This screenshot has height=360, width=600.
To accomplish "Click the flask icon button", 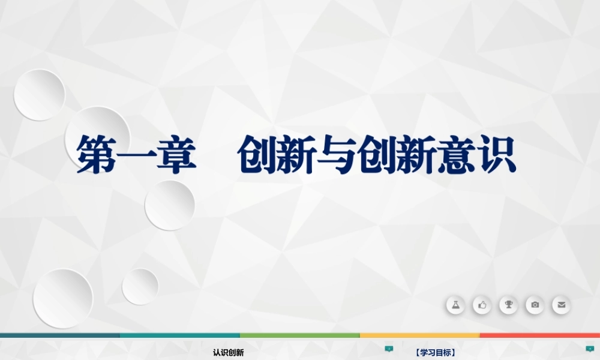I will [455, 305].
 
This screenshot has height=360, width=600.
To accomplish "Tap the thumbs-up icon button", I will [482, 305].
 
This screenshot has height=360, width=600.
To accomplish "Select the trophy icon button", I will [508, 305].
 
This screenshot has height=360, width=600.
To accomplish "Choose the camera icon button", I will [535, 305].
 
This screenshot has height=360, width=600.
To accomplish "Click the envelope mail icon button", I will [561, 305].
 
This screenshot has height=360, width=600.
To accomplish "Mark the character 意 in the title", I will [457, 155].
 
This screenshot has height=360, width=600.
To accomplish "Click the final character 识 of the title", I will [497, 155].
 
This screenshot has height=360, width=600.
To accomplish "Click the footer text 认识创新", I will [228, 353].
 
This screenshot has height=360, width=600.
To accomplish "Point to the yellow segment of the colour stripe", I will [420, 335].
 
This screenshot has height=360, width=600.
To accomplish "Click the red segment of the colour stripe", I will [540, 335].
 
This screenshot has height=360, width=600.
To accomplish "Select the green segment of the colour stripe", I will [300, 335].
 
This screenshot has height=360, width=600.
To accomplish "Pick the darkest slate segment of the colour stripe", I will [60, 335].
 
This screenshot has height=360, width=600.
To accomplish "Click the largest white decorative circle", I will [63, 298].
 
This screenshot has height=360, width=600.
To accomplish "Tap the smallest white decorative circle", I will [140, 286].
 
